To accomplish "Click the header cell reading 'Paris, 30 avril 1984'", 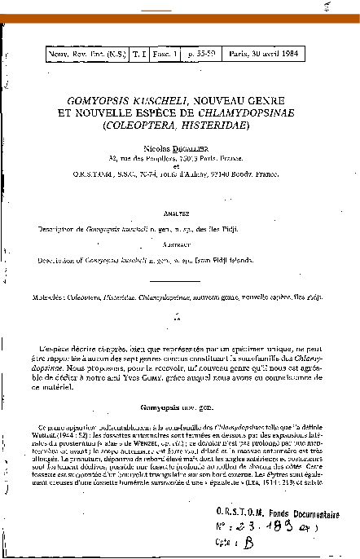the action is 273,55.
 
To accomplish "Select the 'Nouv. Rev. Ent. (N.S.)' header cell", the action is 84,55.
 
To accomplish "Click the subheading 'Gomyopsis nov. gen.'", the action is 178,404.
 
